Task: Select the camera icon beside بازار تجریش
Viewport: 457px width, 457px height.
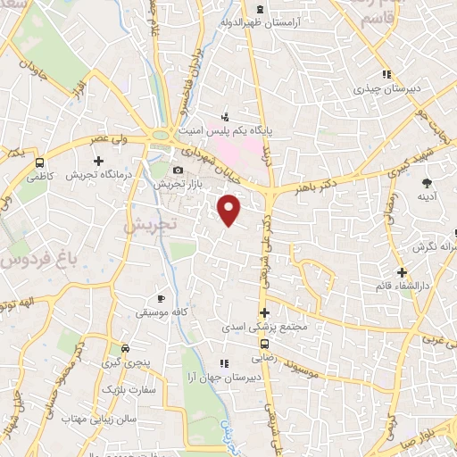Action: point(178,170)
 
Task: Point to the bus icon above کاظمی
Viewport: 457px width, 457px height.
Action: point(39,163)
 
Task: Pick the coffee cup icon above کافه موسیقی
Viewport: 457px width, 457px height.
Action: point(161,298)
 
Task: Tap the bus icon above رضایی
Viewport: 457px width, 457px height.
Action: point(264,344)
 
